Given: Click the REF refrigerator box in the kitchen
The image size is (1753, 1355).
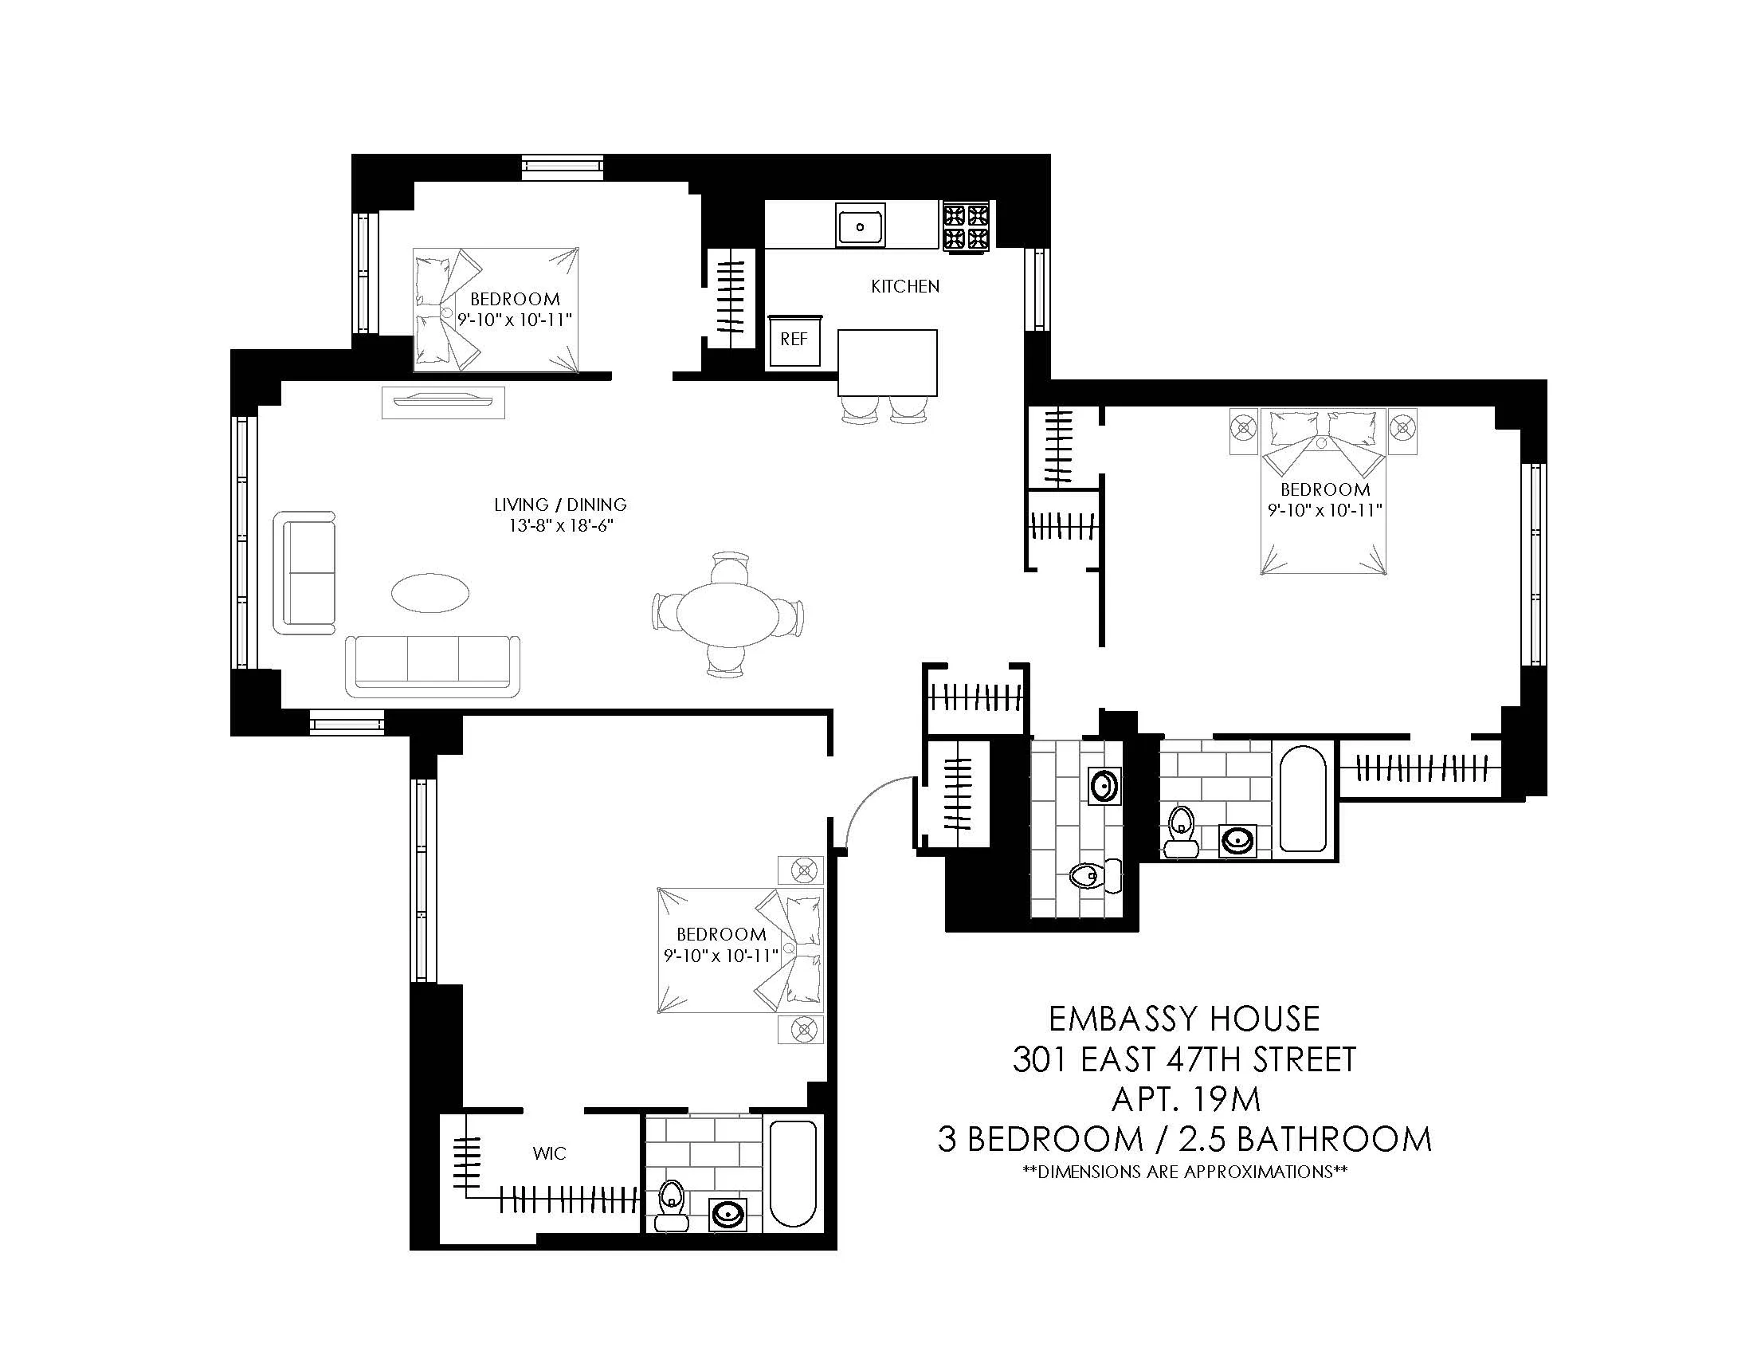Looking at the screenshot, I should point(794,340).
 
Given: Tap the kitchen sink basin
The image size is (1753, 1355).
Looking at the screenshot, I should point(860,226).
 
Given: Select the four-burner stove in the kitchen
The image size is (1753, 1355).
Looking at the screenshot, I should point(966,227).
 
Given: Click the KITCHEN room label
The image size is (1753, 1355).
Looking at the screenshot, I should point(904,287).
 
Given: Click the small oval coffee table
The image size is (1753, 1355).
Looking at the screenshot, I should point(431,593).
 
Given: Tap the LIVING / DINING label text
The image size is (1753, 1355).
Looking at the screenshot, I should point(559,505).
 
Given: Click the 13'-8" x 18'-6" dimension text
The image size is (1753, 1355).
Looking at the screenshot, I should point(559,527).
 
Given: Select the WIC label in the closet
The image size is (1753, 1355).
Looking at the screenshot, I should point(549,1154).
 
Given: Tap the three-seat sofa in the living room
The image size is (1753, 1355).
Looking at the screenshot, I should point(433,666).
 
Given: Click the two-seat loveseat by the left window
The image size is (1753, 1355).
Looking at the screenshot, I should point(305,572).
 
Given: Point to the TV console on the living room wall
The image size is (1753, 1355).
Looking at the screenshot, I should point(443,403).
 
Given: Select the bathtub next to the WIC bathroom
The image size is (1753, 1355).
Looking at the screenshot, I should point(793,1173).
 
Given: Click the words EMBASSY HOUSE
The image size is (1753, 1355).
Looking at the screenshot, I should point(1184,1019).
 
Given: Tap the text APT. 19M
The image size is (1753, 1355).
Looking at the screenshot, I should point(1186,1099).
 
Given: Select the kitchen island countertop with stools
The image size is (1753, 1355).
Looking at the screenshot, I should point(887,362).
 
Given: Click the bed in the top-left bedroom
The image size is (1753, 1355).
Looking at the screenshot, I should point(496,310).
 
